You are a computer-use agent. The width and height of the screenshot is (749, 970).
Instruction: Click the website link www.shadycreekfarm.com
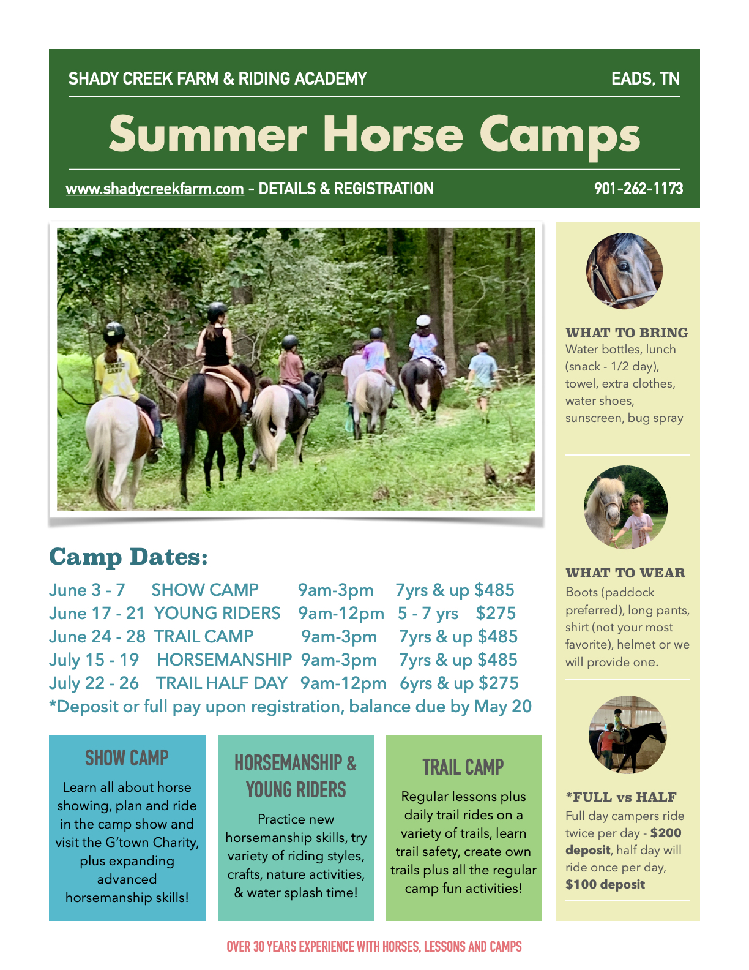coord(155,189)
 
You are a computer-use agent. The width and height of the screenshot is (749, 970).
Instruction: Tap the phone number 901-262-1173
coord(638,189)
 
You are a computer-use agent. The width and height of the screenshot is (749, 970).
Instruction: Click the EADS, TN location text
coord(646,78)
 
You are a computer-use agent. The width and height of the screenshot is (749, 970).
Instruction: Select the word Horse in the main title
coord(393,133)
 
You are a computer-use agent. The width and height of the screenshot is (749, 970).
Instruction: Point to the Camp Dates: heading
coord(129,557)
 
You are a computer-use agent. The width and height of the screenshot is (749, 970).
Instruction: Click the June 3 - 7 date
coord(87,590)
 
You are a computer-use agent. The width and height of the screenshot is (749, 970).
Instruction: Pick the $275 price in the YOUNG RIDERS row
coord(496,614)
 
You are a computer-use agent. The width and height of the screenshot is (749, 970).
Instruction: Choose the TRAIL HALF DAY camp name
coord(222,683)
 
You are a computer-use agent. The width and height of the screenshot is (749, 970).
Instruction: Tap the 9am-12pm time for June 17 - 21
coord(341,614)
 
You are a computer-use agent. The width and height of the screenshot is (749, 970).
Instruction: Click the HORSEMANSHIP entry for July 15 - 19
coord(225,660)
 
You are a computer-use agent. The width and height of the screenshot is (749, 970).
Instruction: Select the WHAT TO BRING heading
coord(627,333)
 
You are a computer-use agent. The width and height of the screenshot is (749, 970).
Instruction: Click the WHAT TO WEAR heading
coord(625,573)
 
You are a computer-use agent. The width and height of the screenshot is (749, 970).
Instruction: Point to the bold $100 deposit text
coord(605,884)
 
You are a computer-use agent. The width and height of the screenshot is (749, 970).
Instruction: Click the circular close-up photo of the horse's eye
coord(624,271)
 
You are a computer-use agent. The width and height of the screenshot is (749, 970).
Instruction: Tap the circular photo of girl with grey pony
coord(625,507)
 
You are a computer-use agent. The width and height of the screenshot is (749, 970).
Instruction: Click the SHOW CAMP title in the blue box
coord(127,758)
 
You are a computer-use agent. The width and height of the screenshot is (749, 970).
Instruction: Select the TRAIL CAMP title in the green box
coord(463,767)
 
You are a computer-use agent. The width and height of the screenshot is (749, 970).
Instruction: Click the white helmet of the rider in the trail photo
coord(423,320)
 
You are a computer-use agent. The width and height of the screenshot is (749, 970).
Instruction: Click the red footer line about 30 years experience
coord(374,946)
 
